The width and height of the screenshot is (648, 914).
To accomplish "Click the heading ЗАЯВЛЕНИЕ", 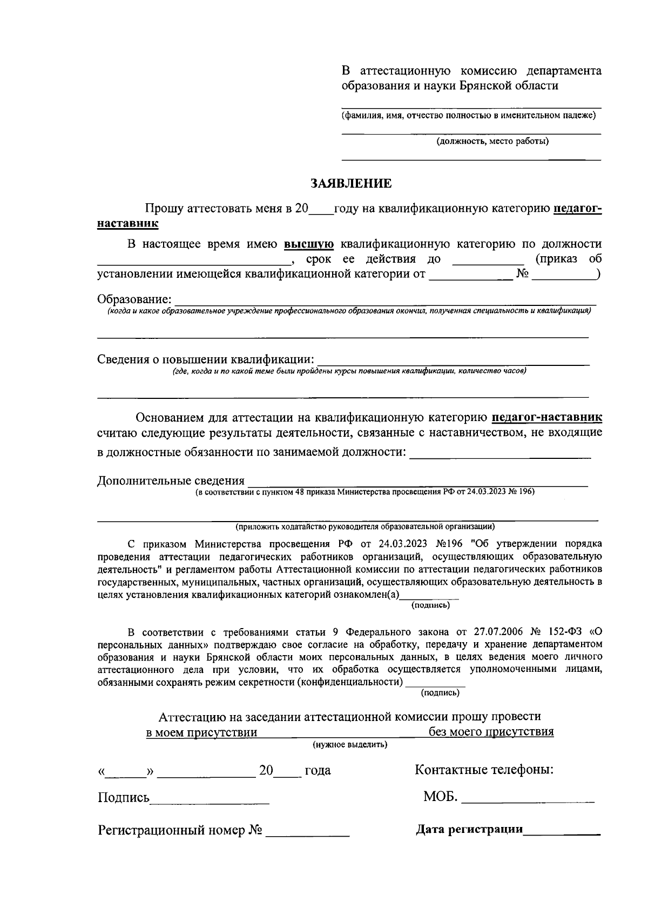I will (351, 184).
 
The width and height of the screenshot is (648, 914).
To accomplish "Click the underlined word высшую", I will (309, 244).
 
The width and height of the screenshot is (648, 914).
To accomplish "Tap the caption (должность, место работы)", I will (492, 142).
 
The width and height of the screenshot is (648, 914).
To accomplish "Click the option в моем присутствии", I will (201, 733).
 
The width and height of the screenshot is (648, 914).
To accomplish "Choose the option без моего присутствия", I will (491, 732).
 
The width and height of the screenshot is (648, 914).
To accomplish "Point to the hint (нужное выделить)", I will (350, 745).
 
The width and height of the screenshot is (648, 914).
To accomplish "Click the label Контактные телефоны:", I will (484, 770).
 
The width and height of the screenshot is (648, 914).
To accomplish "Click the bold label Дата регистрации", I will (469, 829).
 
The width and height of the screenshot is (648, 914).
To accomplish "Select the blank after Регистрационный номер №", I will (307, 832).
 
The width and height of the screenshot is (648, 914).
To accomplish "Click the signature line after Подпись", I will (210, 799).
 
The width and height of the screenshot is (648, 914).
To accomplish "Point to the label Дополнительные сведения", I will (171, 481).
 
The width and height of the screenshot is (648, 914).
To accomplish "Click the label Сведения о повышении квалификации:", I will (206, 359).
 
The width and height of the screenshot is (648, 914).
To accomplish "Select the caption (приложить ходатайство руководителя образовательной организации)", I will (365, 526).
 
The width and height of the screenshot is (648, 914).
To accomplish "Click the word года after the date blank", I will (318, 771).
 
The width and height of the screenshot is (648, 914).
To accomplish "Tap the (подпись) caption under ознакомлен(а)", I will (430, 605).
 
